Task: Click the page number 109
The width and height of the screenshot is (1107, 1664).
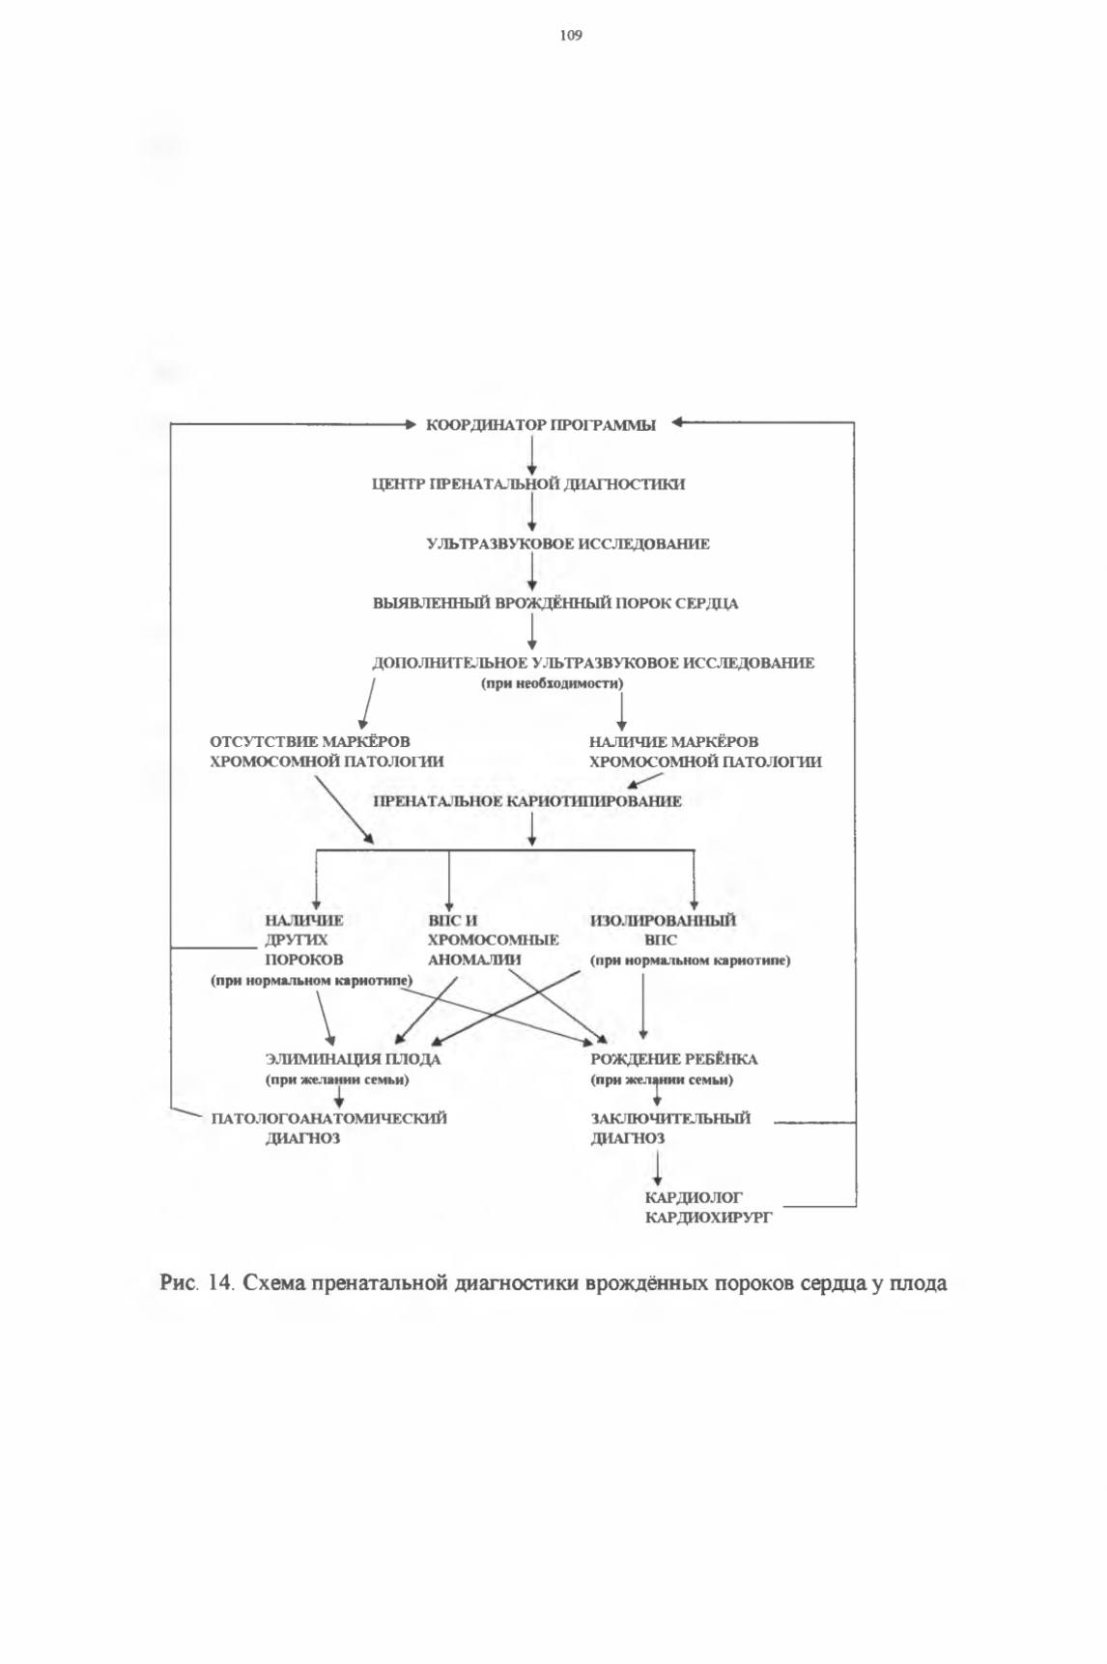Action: pos(571,36)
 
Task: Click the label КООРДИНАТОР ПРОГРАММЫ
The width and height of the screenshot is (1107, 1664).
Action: pos(541,425)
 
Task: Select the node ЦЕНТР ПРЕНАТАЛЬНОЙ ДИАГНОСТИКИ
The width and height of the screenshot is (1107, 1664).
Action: pos(528,484)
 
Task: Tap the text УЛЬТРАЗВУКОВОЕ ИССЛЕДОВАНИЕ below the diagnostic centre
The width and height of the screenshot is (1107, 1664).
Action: pos(568,544)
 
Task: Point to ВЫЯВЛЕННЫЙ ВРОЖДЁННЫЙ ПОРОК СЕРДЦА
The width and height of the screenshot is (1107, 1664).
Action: pos(555,604)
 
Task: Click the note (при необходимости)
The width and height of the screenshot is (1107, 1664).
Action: pos(553,683)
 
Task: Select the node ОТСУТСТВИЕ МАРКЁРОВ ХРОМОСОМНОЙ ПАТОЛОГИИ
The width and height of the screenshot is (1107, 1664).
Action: pos(327,752)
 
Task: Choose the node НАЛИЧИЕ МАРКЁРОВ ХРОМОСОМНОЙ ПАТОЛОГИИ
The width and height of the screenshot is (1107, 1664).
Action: pos(705,752)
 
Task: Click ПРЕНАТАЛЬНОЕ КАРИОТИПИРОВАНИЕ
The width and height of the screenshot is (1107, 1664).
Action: pos(527,801)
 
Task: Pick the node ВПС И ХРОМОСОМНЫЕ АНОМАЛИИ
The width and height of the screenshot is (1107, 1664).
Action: pos(493,940)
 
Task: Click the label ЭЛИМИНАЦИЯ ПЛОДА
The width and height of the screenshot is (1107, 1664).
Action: pos(354,1059)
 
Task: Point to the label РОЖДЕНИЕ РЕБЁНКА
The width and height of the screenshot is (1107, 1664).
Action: pos(674,1059)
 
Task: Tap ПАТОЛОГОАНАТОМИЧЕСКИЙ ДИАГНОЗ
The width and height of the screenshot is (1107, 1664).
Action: pos(329,1129)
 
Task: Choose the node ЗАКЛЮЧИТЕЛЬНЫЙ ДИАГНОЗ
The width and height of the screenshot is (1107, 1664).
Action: pos(670,1129)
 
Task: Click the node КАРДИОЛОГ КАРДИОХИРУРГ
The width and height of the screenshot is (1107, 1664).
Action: pos(709,1208)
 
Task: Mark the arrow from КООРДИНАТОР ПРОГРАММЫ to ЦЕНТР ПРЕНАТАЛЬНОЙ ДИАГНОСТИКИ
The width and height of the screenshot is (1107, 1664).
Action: pos(531,455)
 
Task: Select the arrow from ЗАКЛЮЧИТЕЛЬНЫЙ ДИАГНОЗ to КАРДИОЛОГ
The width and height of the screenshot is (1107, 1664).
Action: pos(658,1168)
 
